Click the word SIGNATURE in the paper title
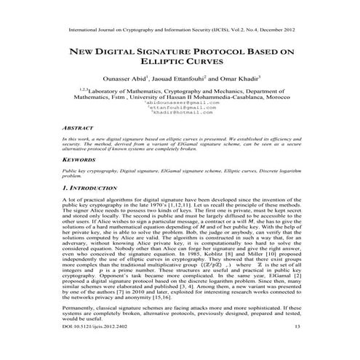coord(159,52)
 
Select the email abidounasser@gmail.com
coord(180,104)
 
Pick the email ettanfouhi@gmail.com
coord(180,109)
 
